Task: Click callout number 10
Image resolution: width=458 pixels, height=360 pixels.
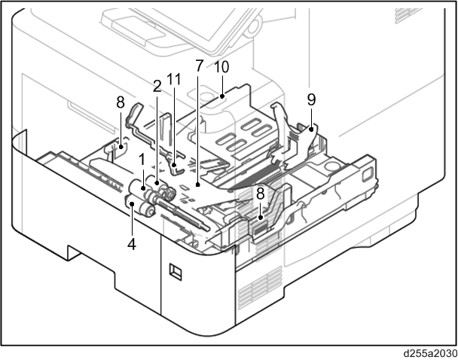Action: pyautogui.click(x=221, y=67)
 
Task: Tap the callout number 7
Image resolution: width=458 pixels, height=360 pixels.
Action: pyautogui.click(x=199, y=66)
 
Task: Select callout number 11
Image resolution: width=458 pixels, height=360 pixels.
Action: pyautogui.click(x=174, y=79)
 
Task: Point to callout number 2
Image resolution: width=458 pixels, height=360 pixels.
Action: pyautogui.click(x=157, y=87)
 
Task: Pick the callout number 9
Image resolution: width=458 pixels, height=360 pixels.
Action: pyautogui.click(x=311, y=100)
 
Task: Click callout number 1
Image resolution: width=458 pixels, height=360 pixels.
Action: pyautogui.click(x=142, y=160)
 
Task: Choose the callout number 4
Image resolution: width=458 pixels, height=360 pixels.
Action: pyautogui.click(x=132, y=244)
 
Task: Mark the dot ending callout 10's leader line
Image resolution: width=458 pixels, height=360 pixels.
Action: pyautogui.click(x=222, y=96)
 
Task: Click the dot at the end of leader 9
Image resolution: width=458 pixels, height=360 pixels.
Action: pyautogui.click(x=311, y=129)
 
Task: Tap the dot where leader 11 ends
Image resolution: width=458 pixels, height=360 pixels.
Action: pyautogui.click(x=174, y=165)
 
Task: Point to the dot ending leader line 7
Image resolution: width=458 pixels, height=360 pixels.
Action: pyautogui.click(x=198, y=185)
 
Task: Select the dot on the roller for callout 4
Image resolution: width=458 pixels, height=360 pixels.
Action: pyautogui.click(x=132, y=203)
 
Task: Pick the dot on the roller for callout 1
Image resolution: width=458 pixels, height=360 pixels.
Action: pyautogui.click(x=143, y=188)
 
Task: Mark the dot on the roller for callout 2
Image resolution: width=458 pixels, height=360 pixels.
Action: pyautogui.click(x=157, y=183)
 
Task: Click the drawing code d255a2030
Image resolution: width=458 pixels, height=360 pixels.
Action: pyautogui.click(x=431, y=353)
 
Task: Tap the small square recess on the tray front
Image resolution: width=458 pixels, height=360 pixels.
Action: pyautogui.click(x=176, y=272)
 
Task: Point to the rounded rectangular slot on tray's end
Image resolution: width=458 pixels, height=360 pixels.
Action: pyautogui.click(x=366, y=175)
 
